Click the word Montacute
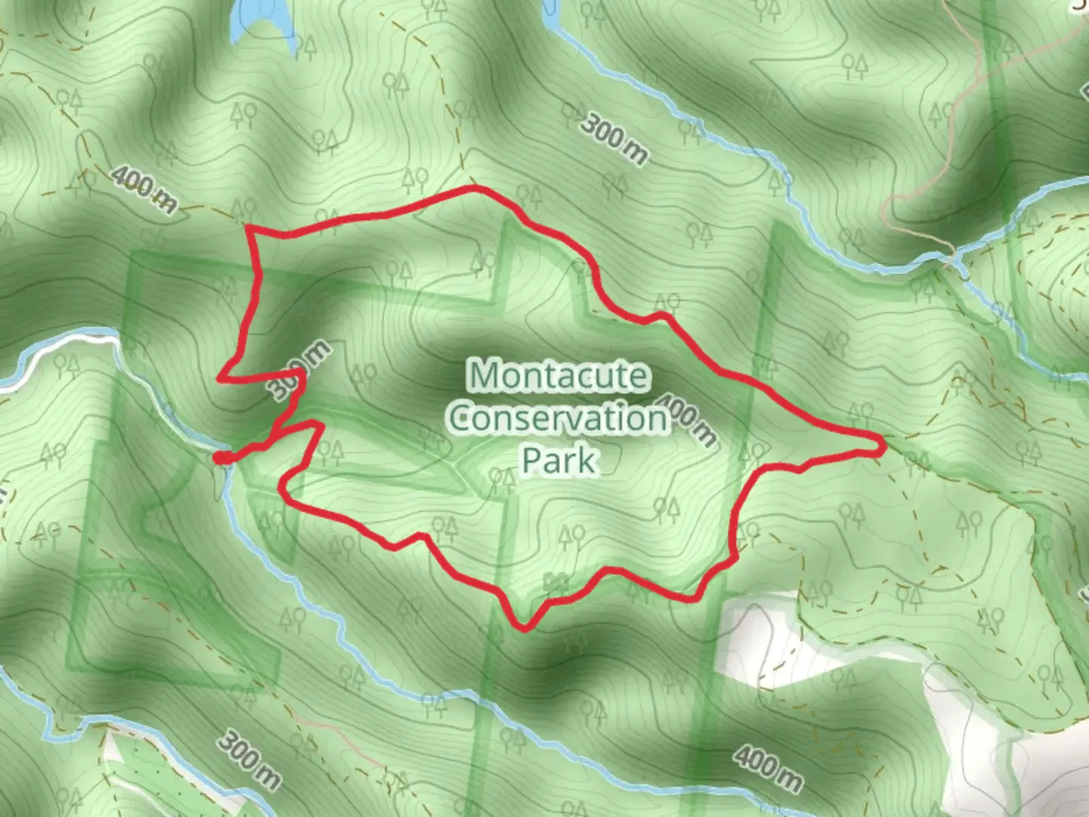pyautogui.click(x=559, y=375)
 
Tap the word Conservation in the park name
pyautogui.click(x=559, y=418)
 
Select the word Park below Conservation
pyautogui.click(x=559, y=460)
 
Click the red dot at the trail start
pyautogui.click(x=220, y=457)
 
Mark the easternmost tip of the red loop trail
pyautogui.click(x=883, y=446)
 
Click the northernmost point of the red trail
pyautogui.click(x=474, y=187)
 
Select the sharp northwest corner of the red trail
pyautogui.click(x=250, y=228)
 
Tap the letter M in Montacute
pyautogui.click(x=485, y=375)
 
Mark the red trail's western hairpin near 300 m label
pyautogui.click(x=222, y=377)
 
